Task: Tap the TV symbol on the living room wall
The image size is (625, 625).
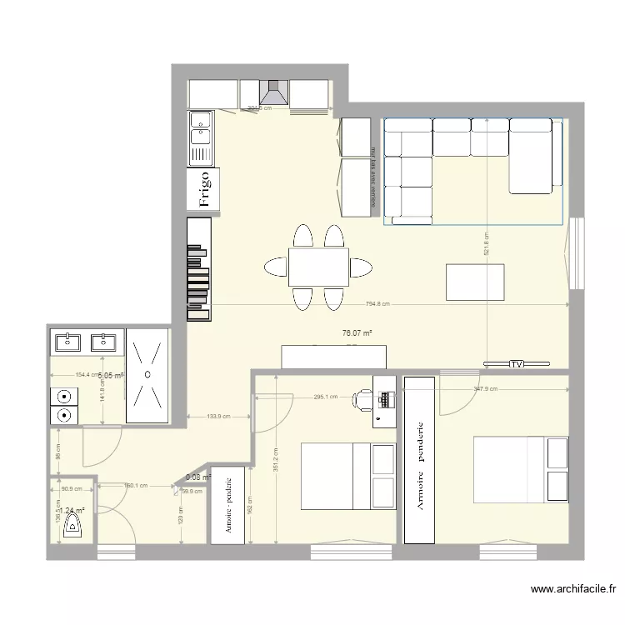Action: pos(517,364)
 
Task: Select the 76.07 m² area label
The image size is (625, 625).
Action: pos(357,333)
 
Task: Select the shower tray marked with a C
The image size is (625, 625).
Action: pos(147,375)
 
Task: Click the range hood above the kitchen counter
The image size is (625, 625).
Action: pos(274,92)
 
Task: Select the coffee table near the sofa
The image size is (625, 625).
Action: pos(476,281)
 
